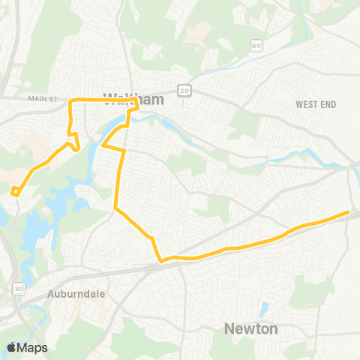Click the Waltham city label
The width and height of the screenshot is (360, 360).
tap(123, 97)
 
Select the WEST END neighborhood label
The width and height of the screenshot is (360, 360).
tap(316, 104)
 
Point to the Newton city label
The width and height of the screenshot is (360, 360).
tap(251, 328)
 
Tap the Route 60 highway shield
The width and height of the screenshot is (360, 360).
tap(256, 46)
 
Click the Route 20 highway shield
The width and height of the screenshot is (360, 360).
tap(184, 89)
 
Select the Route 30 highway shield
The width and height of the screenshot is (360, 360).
tap(18, 288)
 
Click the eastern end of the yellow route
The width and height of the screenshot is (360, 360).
tap(349, 212)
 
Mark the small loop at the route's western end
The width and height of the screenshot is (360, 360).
tap(15, 191)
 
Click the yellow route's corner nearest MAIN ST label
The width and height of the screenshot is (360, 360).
tap(70, 100)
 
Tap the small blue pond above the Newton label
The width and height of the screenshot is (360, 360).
tap(264, 307)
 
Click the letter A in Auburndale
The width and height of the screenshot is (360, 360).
tap(49, 295)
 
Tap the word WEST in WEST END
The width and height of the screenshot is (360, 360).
tap(307, 104)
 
